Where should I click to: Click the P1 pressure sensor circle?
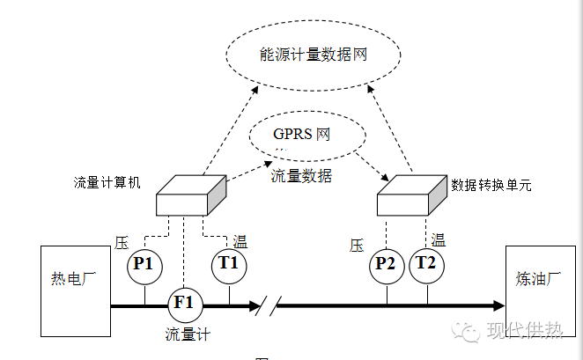(143, 265)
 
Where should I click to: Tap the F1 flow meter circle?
(184, 304)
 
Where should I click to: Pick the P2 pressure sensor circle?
(385, 265)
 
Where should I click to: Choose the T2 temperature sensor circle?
(426, 265)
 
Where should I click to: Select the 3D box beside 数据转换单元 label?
(410, 196)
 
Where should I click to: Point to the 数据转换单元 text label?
(491, 186)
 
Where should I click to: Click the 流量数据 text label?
(301, 176)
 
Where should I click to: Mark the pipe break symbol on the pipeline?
(267, 305)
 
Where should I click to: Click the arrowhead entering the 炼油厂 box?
(498, 305)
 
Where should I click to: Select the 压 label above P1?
(122, 241)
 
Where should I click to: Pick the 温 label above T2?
(438, 239)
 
